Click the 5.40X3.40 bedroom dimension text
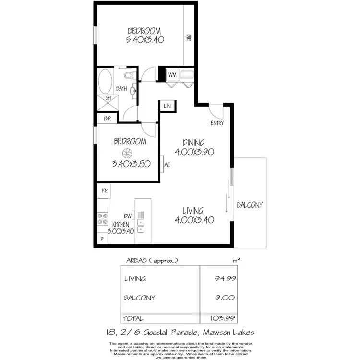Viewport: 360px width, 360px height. tap(145, 40)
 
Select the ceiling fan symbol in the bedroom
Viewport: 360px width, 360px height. tap(127, 154)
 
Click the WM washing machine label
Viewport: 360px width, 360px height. tap(172, 75)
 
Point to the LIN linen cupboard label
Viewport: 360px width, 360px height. tap(168, 106)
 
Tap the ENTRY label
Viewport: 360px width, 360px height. tap(217, 123)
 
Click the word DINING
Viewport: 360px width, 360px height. tap(194, 143)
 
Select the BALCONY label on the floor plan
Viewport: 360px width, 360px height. tap(250, 205)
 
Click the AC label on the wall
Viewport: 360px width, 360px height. tap(168, 164)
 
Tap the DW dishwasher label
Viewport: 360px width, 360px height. tap(127, 216)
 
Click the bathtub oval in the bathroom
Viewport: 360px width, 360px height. tap(104, 81)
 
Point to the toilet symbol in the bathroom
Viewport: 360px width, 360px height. tap(129, 76)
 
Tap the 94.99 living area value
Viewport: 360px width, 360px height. tap(225, 278)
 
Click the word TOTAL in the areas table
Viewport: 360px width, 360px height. tap(134, 318)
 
